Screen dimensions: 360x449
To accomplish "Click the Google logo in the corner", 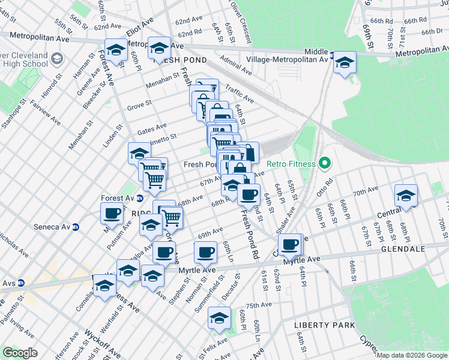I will coord(20,353).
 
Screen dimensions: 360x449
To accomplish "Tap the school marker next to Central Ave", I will coord(406,196).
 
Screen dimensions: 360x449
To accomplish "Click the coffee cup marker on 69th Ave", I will coord(205,252).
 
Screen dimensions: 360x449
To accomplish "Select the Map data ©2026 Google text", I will coord(412,355).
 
